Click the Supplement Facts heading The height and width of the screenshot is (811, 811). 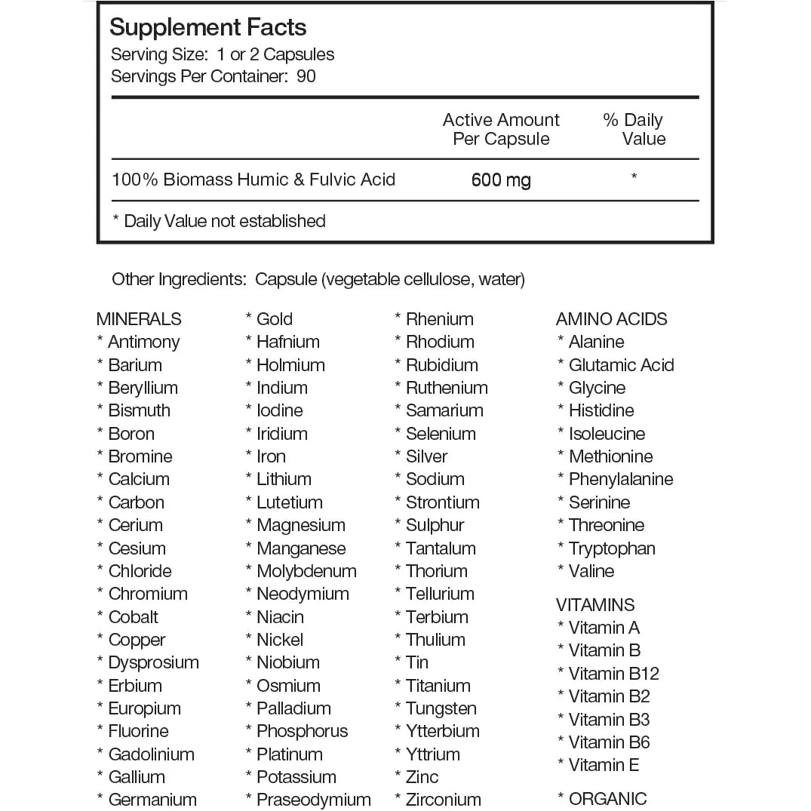[207, 28]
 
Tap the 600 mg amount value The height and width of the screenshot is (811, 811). [501, 180]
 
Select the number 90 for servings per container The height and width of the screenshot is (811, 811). [306, 76]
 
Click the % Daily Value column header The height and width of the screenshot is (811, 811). [634, 129]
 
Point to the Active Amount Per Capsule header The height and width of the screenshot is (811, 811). [501, 129]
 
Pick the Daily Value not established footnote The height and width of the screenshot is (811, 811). [219, 221]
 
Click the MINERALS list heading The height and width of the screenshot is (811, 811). [139, 319]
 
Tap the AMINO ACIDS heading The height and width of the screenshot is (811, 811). [611, 319]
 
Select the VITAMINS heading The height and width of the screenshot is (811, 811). [594, 605]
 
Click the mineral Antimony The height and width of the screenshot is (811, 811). [143, 342]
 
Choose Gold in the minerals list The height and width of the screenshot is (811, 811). [274, 319]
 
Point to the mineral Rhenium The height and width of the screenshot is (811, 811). [439, 319]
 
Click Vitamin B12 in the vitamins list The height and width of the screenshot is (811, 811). [613, 674]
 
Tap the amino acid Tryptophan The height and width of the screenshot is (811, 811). [611, 548]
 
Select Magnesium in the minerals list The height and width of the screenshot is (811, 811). [300, 525]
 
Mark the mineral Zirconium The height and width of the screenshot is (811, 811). [443, 800]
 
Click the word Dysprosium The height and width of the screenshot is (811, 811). [153, 662]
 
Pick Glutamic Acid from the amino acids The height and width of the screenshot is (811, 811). [621, 365]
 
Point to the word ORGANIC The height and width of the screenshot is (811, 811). [607, 799]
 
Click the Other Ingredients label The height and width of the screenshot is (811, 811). [179, 280]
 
